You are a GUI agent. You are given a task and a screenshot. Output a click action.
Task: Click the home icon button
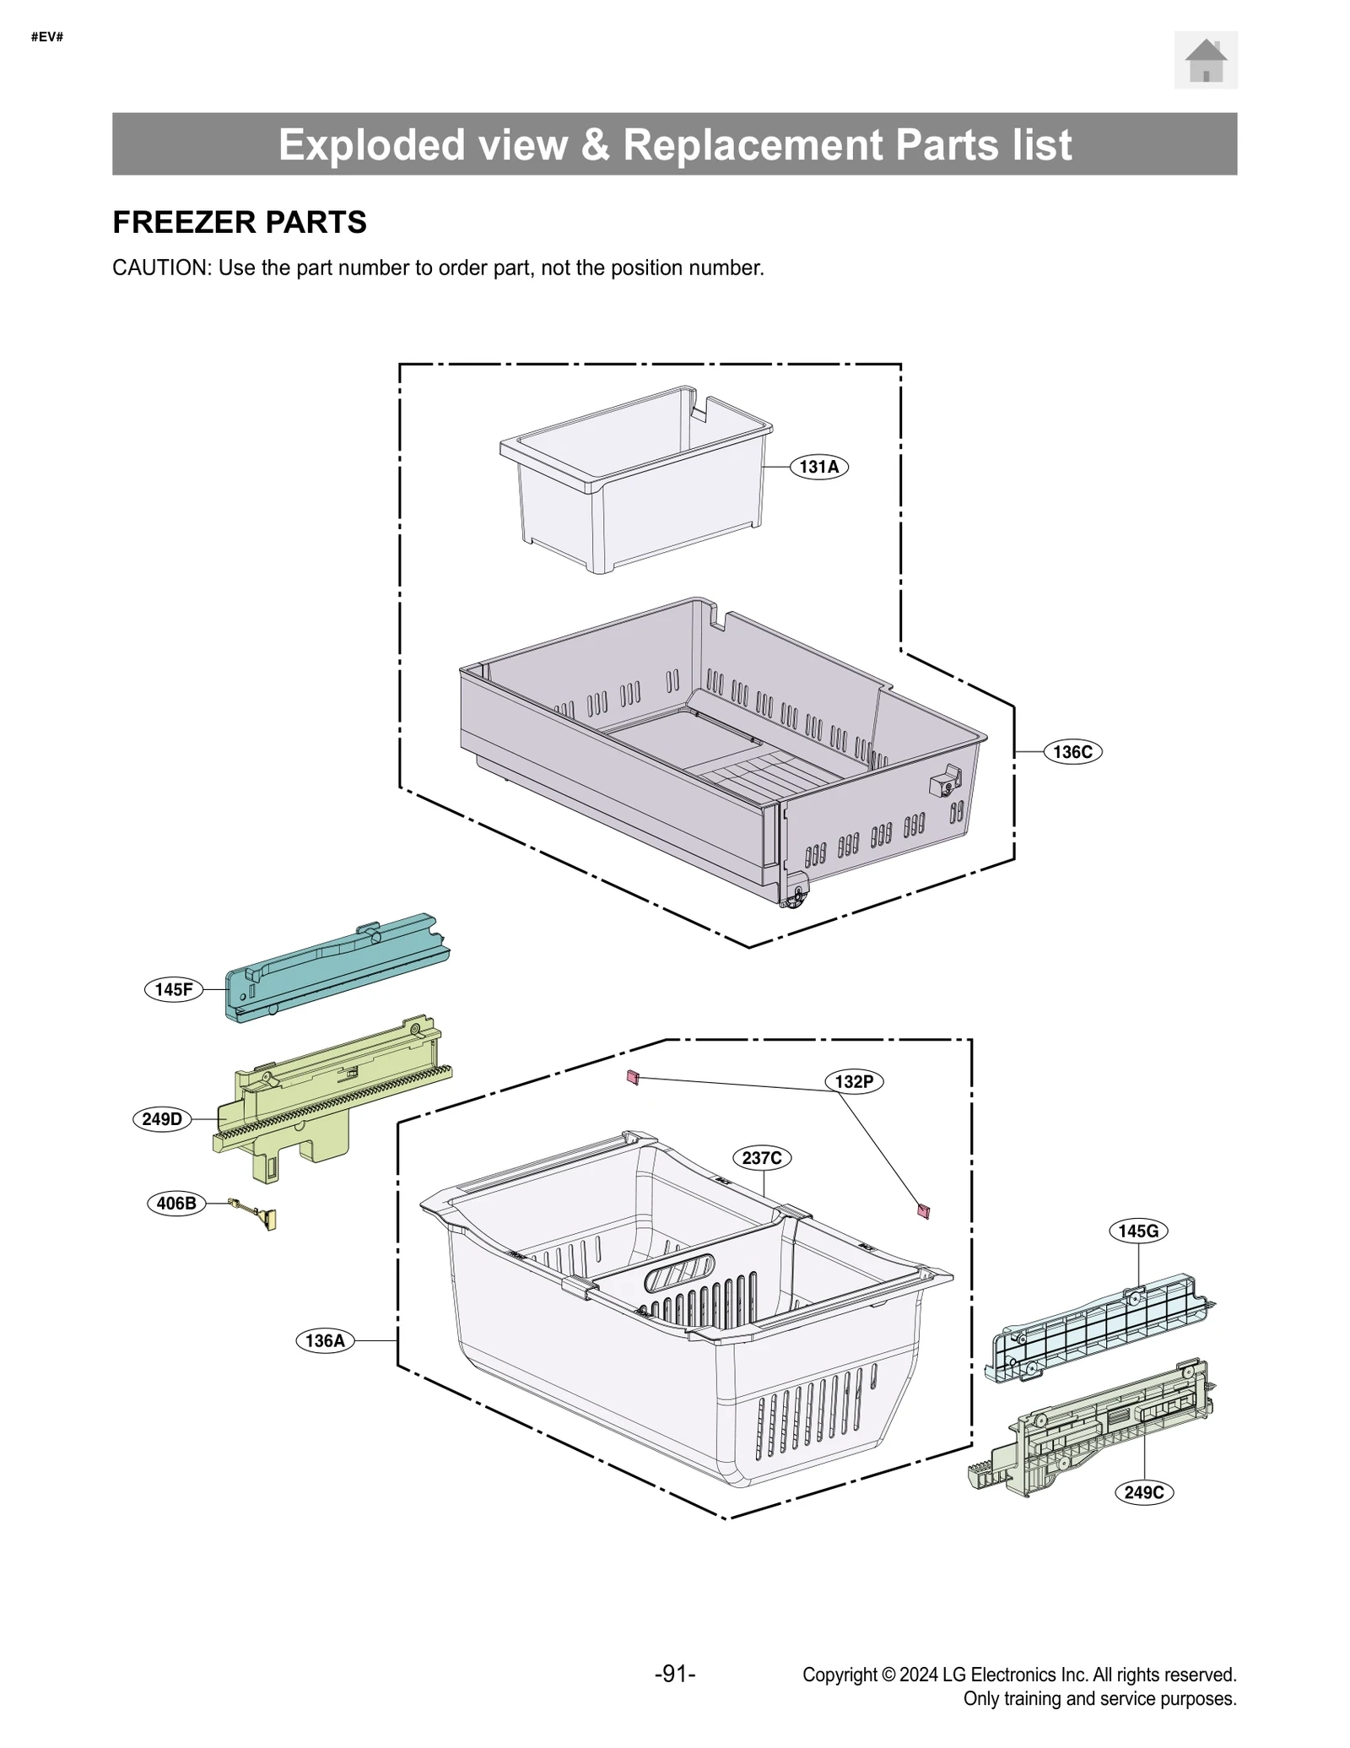1205,60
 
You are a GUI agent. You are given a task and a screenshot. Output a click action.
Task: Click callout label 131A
818,467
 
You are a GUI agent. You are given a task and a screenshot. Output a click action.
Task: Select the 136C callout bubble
1072,751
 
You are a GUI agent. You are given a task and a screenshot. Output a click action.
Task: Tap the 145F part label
174,989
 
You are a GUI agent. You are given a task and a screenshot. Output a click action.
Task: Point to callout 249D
162,1119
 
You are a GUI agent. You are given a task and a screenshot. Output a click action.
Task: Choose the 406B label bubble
176,1203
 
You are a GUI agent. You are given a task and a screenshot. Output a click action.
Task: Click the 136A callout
325,1340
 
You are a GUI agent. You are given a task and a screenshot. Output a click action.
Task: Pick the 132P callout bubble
854,1081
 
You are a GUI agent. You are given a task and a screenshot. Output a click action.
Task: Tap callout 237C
762,1157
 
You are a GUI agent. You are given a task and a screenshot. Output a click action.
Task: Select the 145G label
1138,1231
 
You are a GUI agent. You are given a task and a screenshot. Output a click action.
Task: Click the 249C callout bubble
1144,1492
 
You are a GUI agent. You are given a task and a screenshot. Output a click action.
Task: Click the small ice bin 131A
637,481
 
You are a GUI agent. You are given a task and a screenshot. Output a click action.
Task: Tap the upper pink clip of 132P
633,1077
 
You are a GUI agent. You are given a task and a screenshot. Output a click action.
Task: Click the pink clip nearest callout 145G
923,1212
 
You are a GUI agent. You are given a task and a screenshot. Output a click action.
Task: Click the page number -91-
675,1674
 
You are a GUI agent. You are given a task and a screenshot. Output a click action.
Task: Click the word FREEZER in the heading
172,222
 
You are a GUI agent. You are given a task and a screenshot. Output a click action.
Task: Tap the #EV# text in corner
47,37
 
